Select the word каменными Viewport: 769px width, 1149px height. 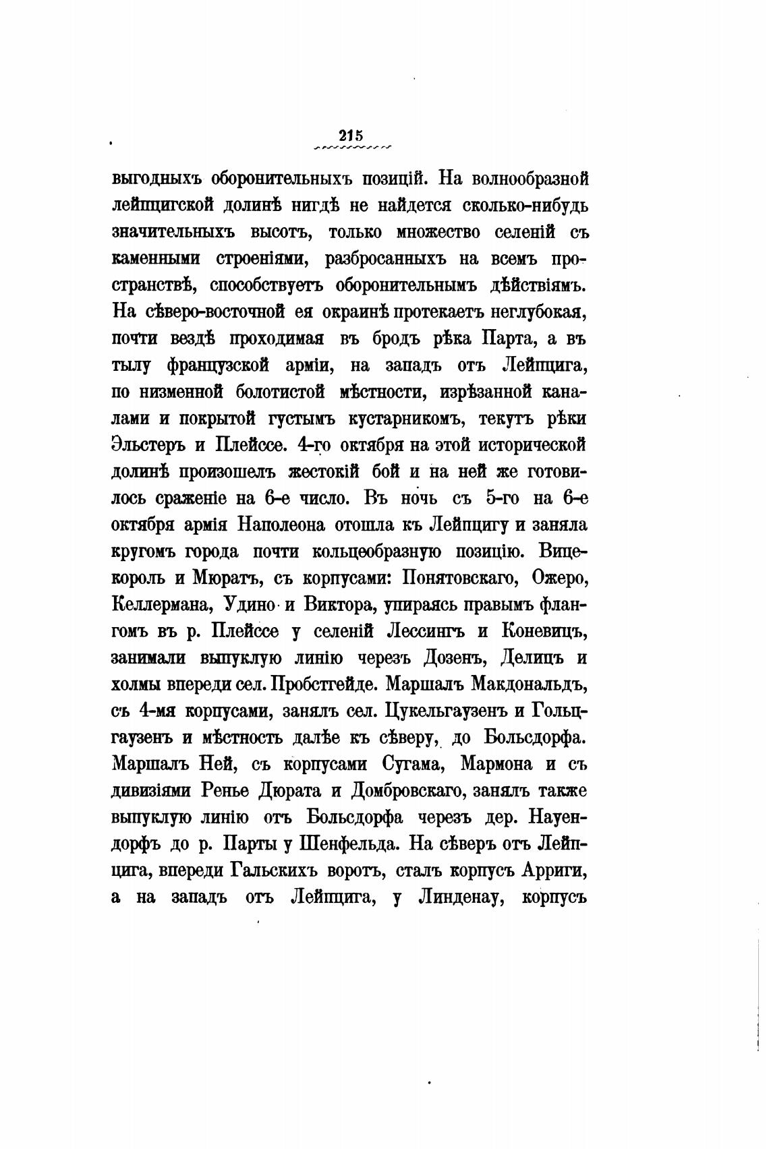point(157,258)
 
